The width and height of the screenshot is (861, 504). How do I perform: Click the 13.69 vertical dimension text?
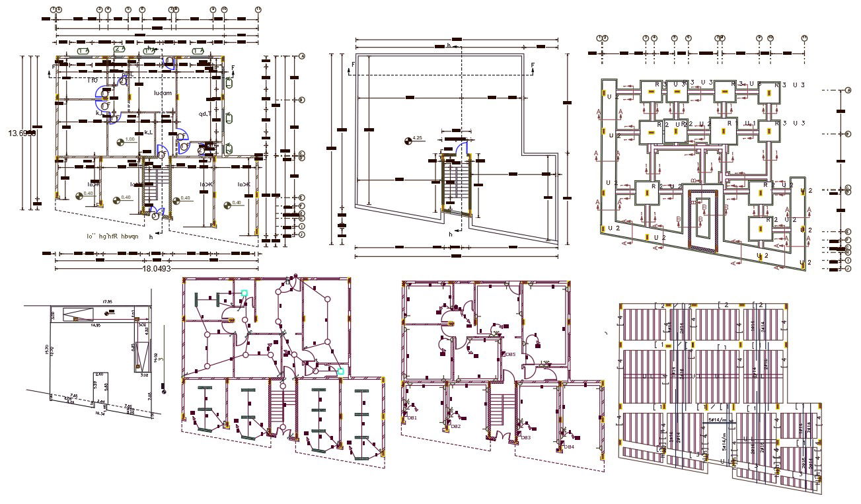22,133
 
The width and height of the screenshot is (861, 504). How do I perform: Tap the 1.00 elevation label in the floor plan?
130,140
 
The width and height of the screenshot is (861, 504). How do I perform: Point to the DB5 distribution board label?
509,355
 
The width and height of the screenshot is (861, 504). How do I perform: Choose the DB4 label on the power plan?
568,447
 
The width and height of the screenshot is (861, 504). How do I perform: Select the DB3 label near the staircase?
525,437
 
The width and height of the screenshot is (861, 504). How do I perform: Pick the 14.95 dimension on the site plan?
96,326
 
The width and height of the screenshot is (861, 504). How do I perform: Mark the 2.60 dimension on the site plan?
99,374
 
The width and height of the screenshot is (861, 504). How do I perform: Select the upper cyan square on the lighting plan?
244,293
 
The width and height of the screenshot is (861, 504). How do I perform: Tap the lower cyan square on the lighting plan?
340,371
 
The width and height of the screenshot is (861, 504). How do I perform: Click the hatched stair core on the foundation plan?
703,221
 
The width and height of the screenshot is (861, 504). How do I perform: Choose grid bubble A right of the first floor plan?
301,57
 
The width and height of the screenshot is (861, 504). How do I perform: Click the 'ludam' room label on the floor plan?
163,93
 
